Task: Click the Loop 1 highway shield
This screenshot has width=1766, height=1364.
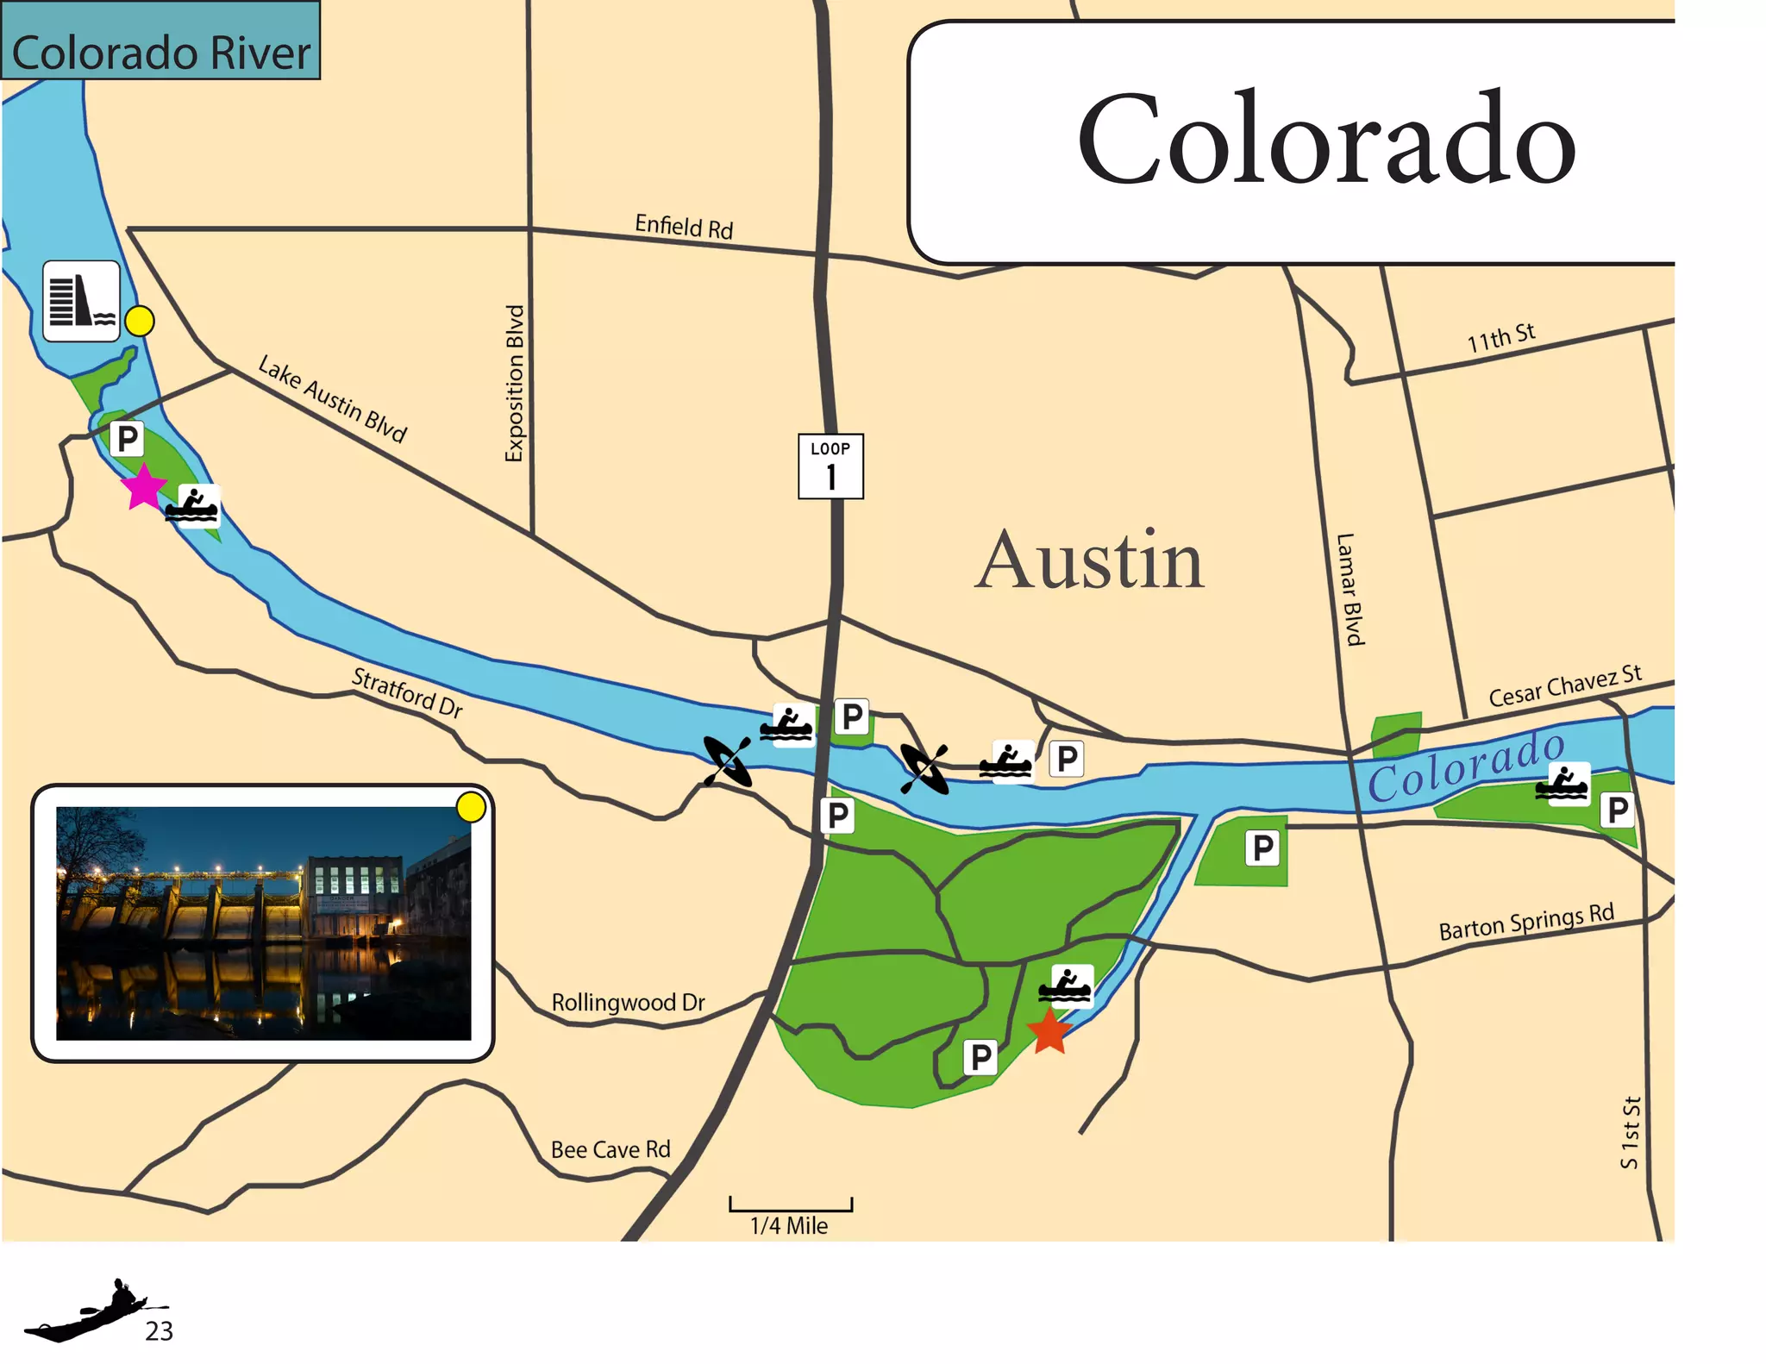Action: point(830,466)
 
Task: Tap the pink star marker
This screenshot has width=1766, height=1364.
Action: point(143,487)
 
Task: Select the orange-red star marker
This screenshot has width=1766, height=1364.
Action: point(1049,1032)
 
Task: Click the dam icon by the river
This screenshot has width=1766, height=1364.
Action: point(81,301)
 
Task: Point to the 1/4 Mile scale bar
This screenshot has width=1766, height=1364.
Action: point(790,1205)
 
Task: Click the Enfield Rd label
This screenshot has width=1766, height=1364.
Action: point(684,227)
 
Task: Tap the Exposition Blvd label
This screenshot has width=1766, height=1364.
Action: point(515,384)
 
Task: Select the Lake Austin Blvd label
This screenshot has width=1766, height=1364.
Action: point(332,398)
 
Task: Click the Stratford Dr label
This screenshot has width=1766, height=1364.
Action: point(407,692)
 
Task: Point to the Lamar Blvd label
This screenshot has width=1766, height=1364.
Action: point(1350,589)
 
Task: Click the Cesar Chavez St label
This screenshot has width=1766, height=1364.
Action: point(1564,685)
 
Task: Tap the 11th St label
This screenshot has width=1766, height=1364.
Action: point(1501,337)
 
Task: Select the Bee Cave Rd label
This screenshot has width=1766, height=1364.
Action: point(610,1149)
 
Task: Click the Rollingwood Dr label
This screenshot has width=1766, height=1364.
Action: point(628,1002)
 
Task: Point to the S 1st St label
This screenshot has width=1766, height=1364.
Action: point(1630,1132)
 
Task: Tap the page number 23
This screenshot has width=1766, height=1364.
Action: point(159,1331)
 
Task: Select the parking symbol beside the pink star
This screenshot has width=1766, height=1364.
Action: point(127,439)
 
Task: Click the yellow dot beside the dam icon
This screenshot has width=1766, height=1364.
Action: point(140,321)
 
